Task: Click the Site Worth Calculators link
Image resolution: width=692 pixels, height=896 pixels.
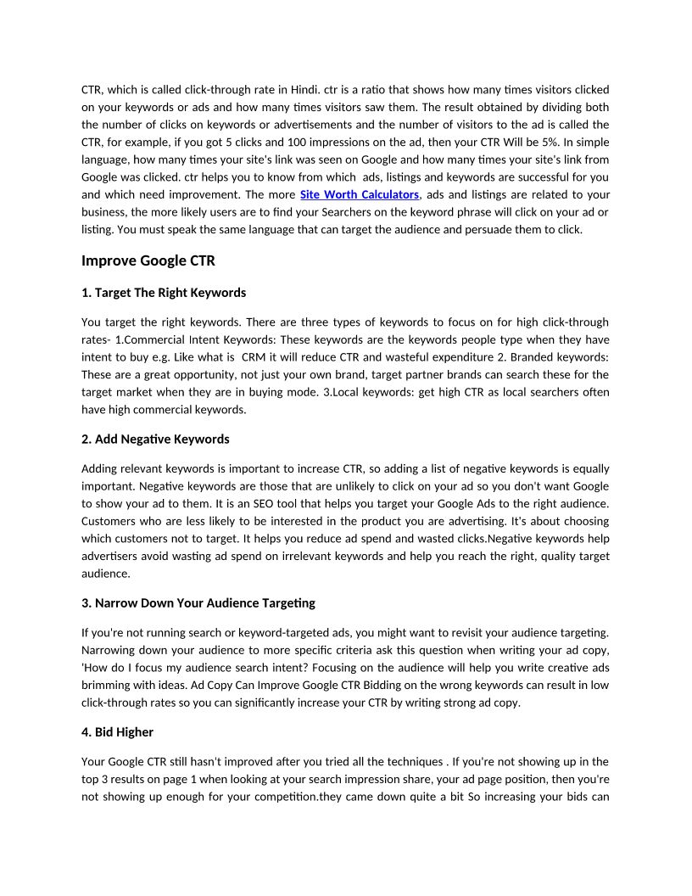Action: (x=360, y=194)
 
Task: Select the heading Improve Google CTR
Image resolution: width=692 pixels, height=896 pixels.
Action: (x=148, y=260)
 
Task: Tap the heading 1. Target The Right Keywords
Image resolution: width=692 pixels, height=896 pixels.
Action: (x=164, y=293)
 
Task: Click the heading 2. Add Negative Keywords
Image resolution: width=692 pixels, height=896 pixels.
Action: (x=155, y=439)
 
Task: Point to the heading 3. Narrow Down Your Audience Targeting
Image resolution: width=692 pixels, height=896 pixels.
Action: (x=198, y=602)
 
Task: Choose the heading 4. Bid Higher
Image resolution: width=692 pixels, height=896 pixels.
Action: (x=117, y=731)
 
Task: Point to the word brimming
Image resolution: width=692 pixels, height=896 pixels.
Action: (x=105, y=685)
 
